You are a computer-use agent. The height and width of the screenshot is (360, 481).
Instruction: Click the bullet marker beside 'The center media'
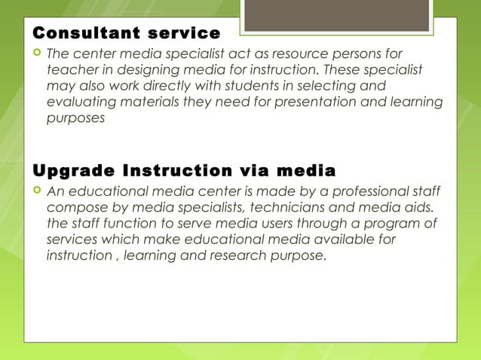tap(36, 54)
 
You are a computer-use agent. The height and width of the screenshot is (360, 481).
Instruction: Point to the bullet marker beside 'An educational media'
tap(36, 190)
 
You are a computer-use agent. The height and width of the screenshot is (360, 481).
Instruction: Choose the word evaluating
tap(82, 102)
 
